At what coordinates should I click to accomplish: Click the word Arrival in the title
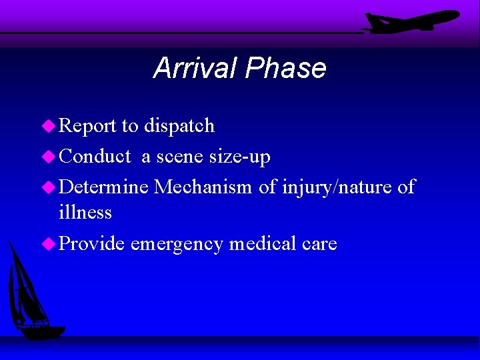point(195,68)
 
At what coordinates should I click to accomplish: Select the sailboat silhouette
point(31,293)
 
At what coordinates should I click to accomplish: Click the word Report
point(87,125)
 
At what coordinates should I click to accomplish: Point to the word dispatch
point(179,125)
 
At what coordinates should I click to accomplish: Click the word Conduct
point(95,157)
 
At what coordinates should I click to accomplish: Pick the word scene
point(179,157)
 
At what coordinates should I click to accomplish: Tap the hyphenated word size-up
point(240,157)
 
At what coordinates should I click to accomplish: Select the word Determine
point(104,187)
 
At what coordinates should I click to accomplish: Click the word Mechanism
point(203,187)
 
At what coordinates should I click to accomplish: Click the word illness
point(85,213)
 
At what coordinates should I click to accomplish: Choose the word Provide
point(92,244)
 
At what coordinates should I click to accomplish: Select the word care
point(319,245)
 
